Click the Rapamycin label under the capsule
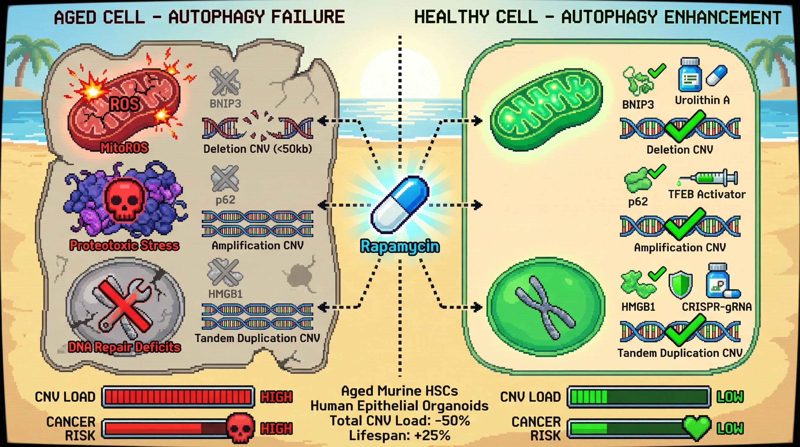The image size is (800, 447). [400, 247]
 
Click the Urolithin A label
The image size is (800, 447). [702, 100]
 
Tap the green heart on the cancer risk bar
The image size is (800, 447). [697, 428]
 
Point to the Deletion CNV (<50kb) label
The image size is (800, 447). [258, 149]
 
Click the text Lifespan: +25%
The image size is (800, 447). [399, 435]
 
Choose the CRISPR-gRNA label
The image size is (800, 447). [717, 307]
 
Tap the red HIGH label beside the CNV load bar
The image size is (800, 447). [276, 397]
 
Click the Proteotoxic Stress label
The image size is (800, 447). [124, 245]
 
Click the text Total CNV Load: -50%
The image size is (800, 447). [399, 421]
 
